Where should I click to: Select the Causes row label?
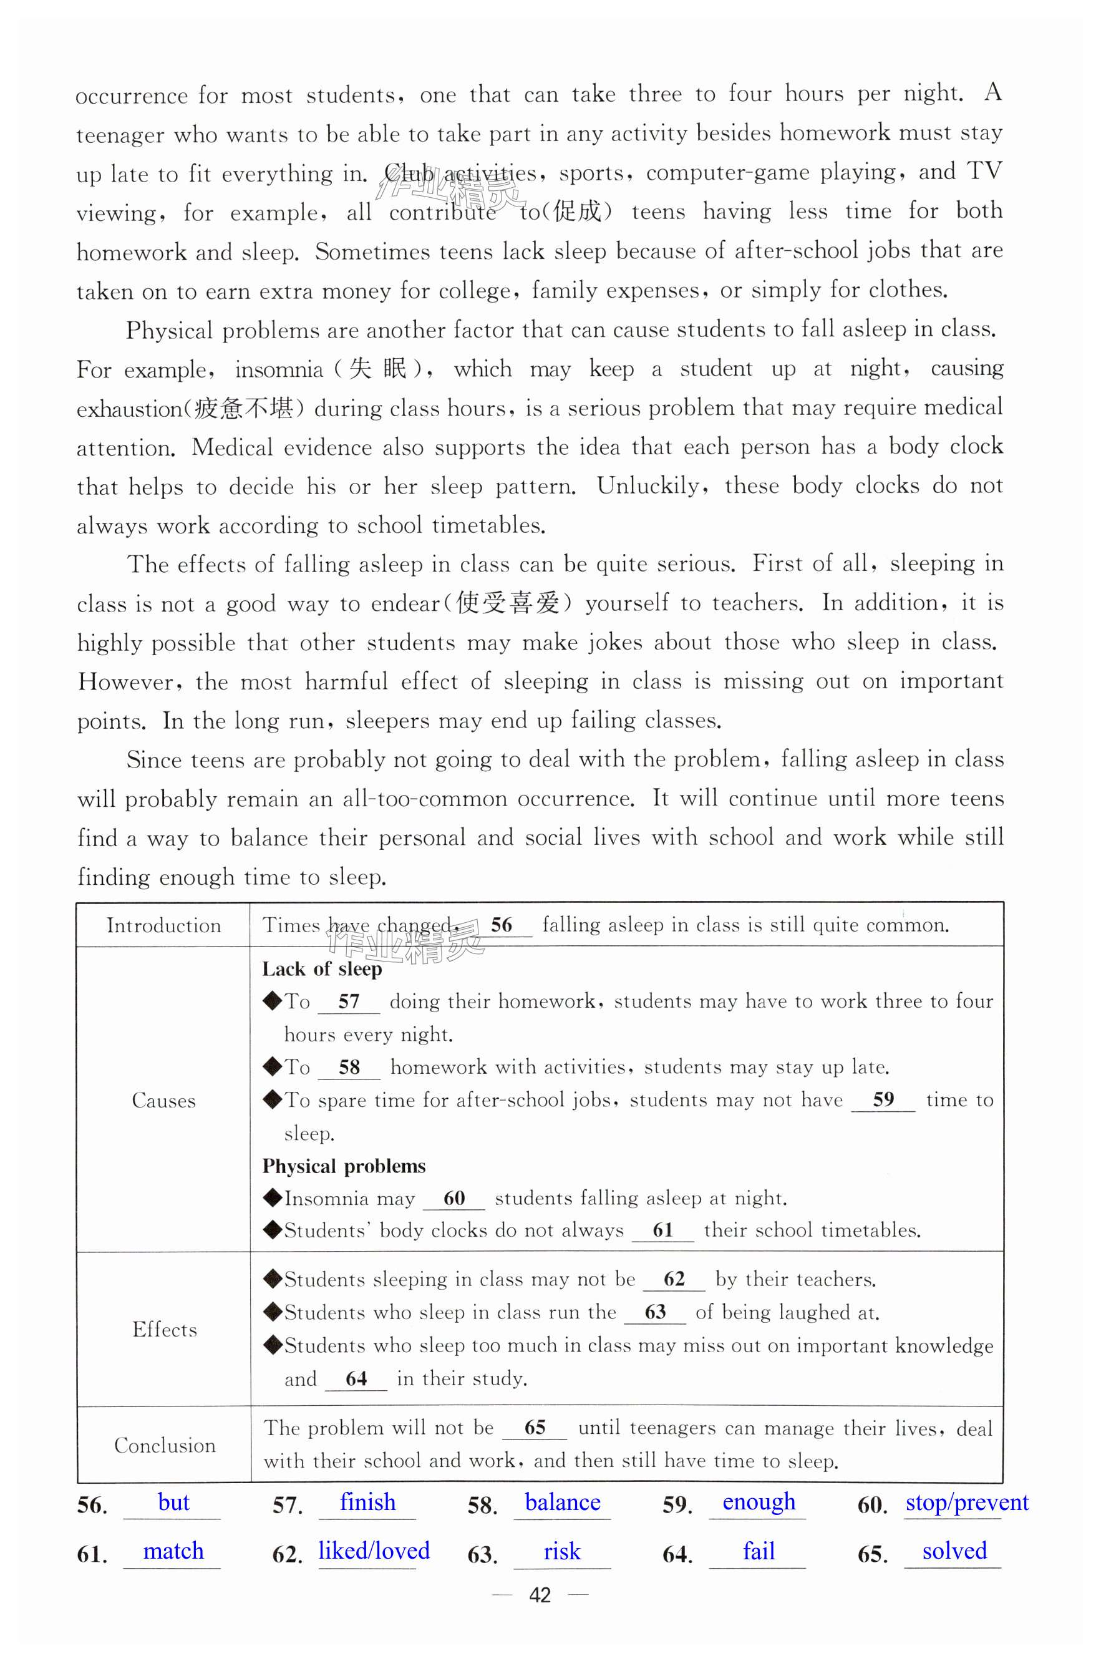pyautogui.click(x=163, y=1101)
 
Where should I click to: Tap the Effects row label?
pyautogui.click(x=164, y=1330)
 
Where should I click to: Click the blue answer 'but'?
pyautogui.click(x=173, y=1503)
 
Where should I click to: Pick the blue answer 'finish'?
pyautogui.click(x=367, y=1503)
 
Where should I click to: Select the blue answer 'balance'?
pyautogui.click(x=563, y=1503)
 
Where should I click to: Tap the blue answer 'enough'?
pyautogui.click(x=759, y=1503)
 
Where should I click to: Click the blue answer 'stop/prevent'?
pyautogui.click(x=966, y=1503)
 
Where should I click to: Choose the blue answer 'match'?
pyautogui.click(x=173, y=1551)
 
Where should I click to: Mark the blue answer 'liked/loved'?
pyautogui.click(x=374, y=1551)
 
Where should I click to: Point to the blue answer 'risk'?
pyautogui.click(x=562, y=1551)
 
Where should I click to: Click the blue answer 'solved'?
pyautogui.click(x=954, y=1551)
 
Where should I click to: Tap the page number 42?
pyautogui.click(x=539, y=1595)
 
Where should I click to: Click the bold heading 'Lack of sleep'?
pyautogui.click(x=322, y=969)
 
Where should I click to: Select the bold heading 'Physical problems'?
pyautogui.click(x=343, y=1167)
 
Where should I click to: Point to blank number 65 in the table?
pyautogui.click(x=535, y=1428)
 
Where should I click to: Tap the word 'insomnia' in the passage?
pyautogui.click(x=279, y=369)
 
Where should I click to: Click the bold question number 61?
pyautogui.click(x=92, y=1554)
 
